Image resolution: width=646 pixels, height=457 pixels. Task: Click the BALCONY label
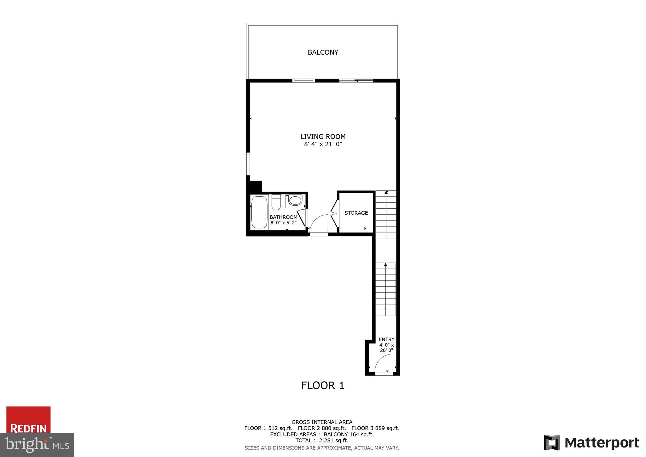pyautogui.click(x=323, y=52)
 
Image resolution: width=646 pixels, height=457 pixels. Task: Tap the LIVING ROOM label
pyautogui.click(x=323, y=137)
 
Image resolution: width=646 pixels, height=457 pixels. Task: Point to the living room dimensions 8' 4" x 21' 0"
pyautogui.click(x=323, y=145)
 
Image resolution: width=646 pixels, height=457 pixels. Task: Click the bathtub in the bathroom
pyautogui.click(x=259, y=212)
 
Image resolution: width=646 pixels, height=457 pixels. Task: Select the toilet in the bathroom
pyautogui.click(x=276, y=203)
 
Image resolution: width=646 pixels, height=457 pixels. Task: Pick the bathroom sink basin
pyautogui.click(x=295, y=201)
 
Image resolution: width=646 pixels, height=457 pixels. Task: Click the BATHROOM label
pyautogui.click(x=283, y=217)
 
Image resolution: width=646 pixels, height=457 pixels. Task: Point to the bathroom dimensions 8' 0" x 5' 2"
pyautogui.click(x=283, y=223)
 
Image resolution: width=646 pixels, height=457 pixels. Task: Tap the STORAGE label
pyautogui.click(x=356, y=213)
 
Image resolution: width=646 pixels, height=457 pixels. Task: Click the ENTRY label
pyautogui.click(x=386, y=340)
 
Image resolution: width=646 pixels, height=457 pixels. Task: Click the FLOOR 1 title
pyautogui.click(x=323, y=386)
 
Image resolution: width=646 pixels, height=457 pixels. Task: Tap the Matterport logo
pyautogui.click(x=591, y=443)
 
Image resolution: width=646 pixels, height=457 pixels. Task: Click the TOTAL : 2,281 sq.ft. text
pyautogui.click(x=322, y=441)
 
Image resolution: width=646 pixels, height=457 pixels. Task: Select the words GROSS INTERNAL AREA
pyautogui.click(x=322, y=422)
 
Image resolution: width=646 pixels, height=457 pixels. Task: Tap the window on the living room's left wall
pyautogui.click(x=248, y=164)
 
